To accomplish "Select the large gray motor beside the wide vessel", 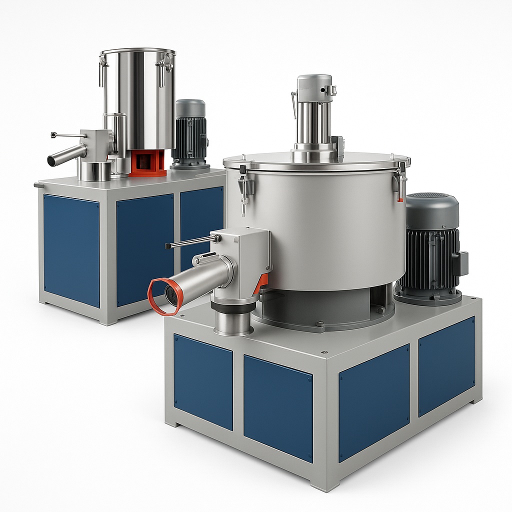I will (x=431, y=250).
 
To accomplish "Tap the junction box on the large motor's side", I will (x=461, y=263).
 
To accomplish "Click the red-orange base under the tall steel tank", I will (x=147, y=162).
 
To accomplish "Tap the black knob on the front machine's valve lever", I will (x=167, y=246).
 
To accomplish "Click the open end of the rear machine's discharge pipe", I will (x=51, y=161).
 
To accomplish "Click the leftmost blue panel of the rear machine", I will (x=71, y=250).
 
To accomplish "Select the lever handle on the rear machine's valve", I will (x=67, y=135).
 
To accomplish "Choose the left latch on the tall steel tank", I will (x=103, y=70).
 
